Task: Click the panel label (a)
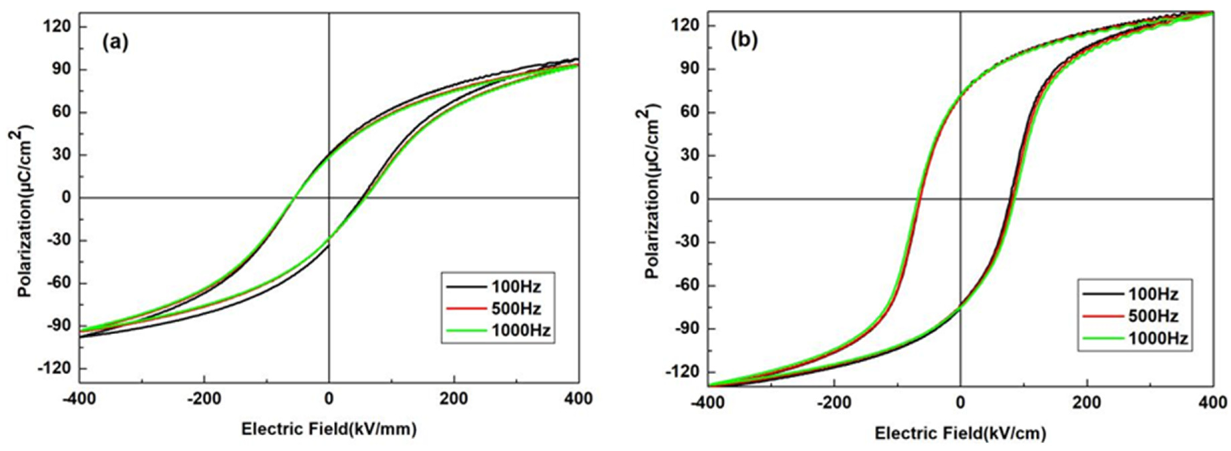tap(115, 44)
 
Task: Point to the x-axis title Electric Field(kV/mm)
tap(329, 429)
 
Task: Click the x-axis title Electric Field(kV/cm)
tap(960, 433)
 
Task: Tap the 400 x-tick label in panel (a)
tap(578, 398)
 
